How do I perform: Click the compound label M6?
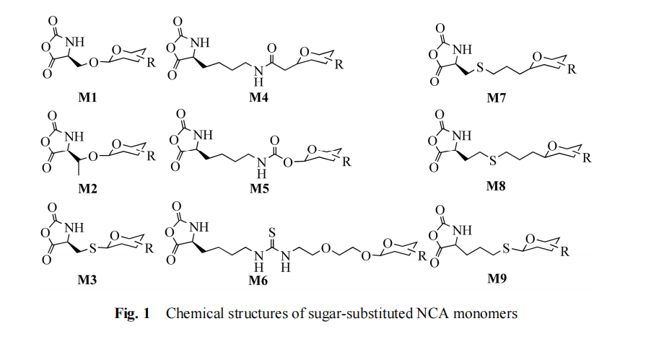[x=258, y=279]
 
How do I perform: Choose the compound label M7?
[x=497, y=97]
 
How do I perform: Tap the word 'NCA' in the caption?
[x=445, y=315]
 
